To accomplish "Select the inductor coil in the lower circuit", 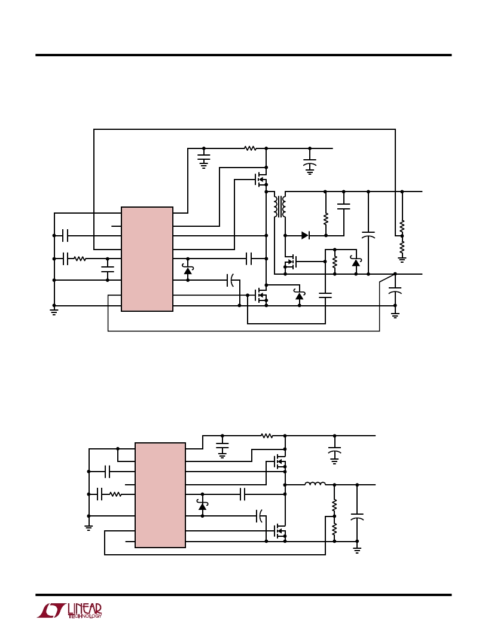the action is tap(315, 484).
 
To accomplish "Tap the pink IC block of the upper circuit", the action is tap(147, 259).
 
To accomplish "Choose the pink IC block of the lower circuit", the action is tap(160, 495).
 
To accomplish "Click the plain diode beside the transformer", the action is tap(305, 235).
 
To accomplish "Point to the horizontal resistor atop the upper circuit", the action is tap(250, 148).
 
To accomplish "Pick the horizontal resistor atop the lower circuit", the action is tap(267, 436).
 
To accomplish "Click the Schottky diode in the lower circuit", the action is tap(202, 506).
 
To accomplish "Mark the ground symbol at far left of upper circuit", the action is tap(54, 311).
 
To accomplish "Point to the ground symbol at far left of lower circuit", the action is tap(89, 527).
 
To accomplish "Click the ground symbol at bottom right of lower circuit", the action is tap(357, 550).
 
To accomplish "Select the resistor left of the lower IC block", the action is tap(115, 494).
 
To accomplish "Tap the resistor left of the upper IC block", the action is tap(80, 259).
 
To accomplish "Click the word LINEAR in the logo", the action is tap(84, 609).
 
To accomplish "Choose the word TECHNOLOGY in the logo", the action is tap(84, 616).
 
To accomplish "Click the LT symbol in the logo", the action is tap(51, 610).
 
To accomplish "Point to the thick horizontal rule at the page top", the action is tap(243, 55).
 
